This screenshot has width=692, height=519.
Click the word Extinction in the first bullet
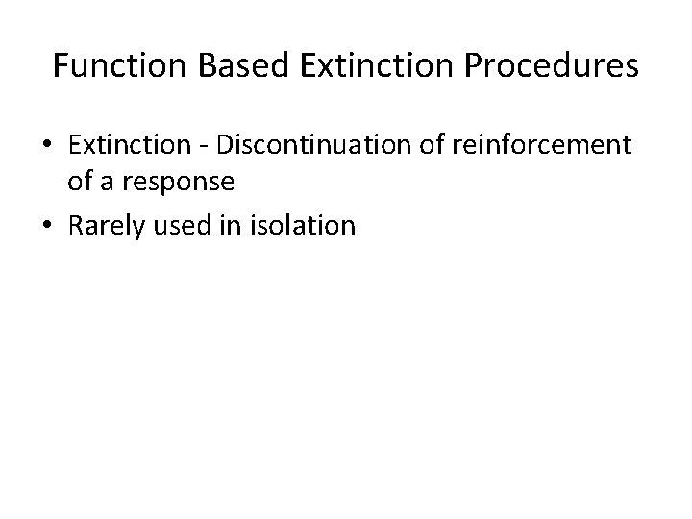[x=130, y=145]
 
